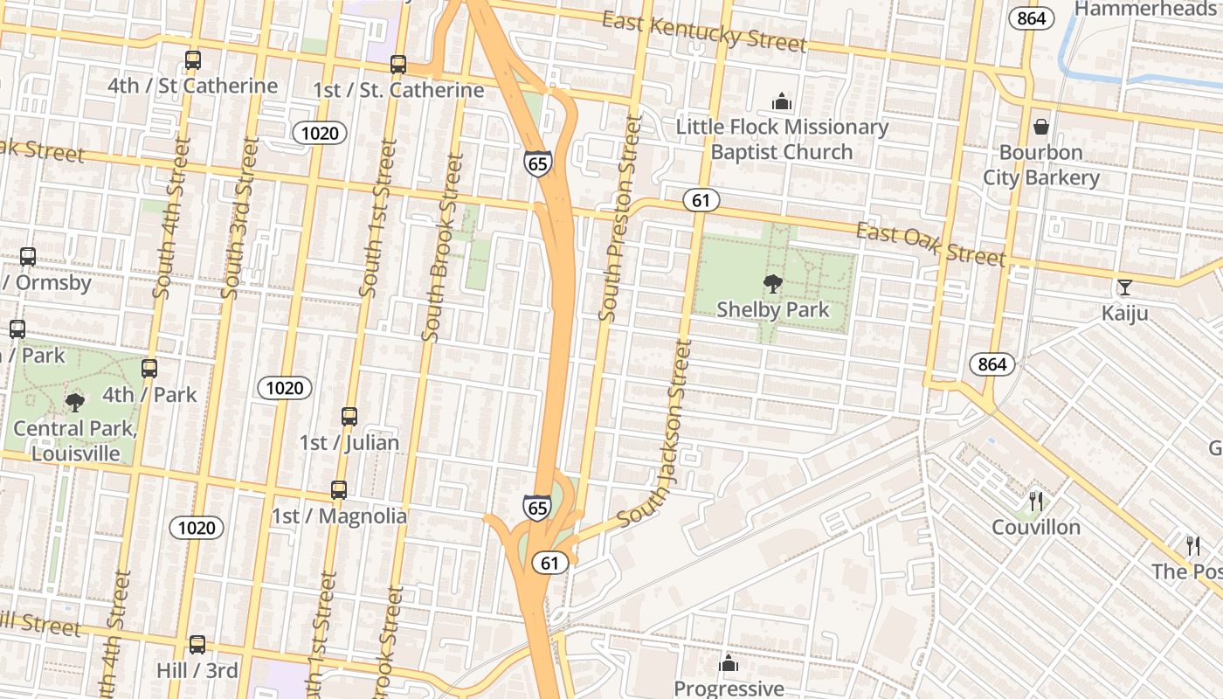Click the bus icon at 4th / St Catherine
click(x=193, y=60)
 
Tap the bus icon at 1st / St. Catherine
click(x=398, y=64)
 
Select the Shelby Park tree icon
click(x=772, y=283)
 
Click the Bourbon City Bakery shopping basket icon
click(x=1040, y=127)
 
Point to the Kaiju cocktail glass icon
click(x=1124, y=287)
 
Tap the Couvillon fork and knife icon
click(x=1036, y=501)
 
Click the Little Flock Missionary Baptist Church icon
click(x=781, y=101)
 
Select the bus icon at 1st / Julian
click(x=349, y=417)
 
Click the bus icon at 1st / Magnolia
click(x=339, y=490)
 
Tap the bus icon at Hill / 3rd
click(x=197, y=645)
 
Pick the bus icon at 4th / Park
click(x=149, y=369)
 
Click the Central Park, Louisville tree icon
click(x=75, y=402)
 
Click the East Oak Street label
click(x=930, y=243)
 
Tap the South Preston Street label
click(x=621, y=218)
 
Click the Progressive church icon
click(x=729, y=664)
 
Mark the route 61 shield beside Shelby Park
click(x=701, y=200)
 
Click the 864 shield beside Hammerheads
click(x=1031, y=17)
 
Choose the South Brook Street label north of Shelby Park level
click(x=442, y=248)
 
